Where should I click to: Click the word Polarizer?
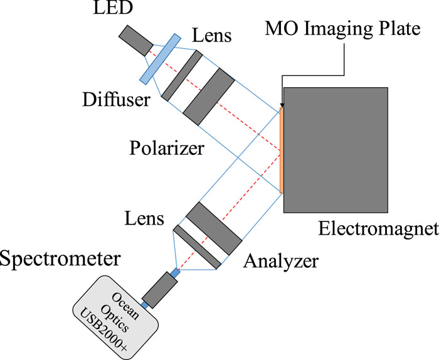click(x=167, y=148)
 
